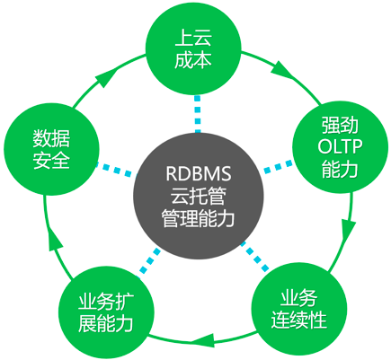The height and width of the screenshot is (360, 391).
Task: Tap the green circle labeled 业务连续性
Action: point(301,306)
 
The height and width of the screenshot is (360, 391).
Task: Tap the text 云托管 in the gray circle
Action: point(197,192)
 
